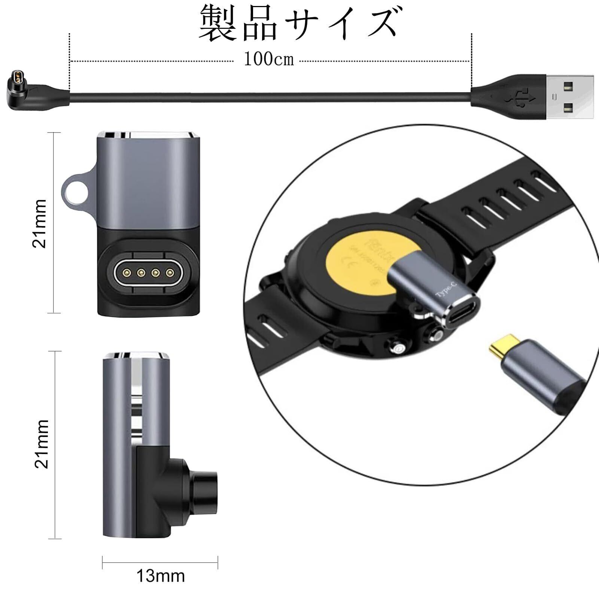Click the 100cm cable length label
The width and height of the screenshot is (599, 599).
click(x=269, y=59)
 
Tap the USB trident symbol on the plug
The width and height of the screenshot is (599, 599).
click(x=521, y=98)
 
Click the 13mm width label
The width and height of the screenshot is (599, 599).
click(x=160, y=576)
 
